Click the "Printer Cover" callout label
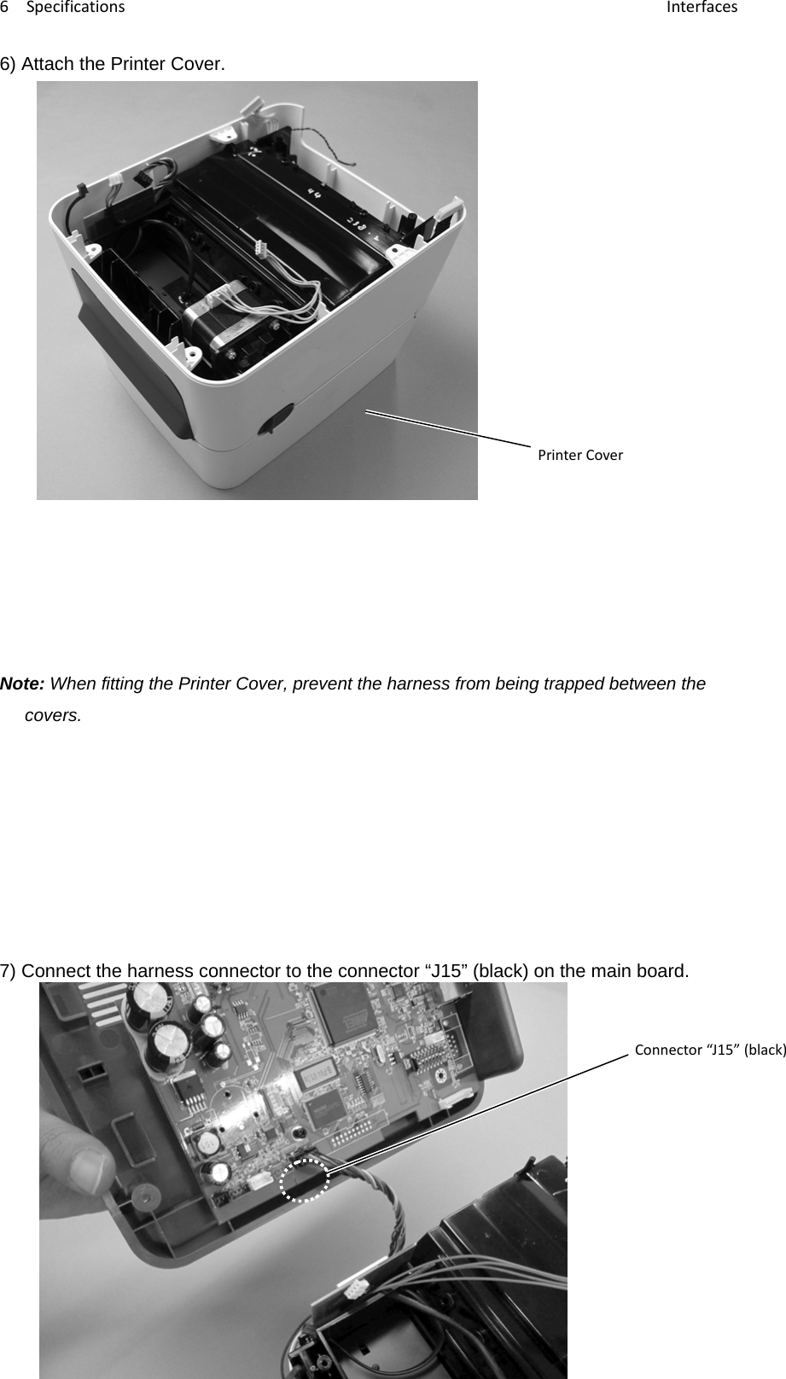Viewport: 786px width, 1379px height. point(579,455)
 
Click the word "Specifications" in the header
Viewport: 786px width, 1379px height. point(75,8)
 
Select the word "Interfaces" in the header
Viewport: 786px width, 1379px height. point(702,8)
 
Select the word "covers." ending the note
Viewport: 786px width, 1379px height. point(54,715)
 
